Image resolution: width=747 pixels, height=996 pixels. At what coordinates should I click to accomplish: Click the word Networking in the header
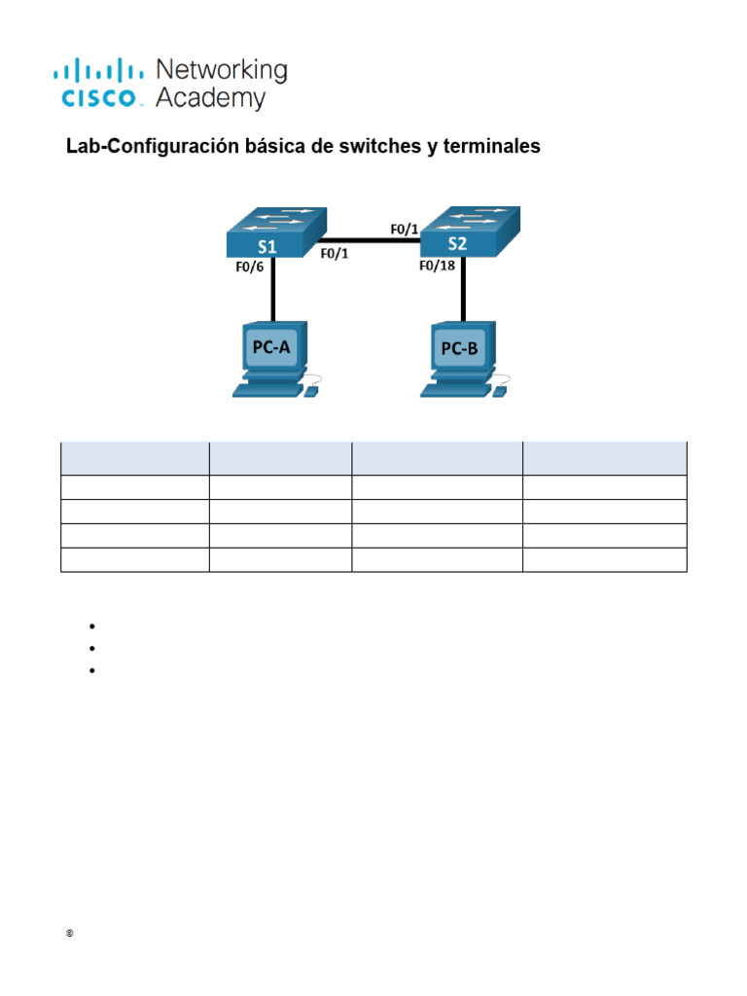point(222,70)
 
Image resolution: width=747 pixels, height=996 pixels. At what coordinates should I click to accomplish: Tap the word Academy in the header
point(210,98)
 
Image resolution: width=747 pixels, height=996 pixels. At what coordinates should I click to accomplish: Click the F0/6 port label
point(249,266)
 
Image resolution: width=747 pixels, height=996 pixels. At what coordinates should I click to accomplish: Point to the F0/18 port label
point(438,265)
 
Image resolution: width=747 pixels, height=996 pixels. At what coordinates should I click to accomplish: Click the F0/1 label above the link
point(404,230)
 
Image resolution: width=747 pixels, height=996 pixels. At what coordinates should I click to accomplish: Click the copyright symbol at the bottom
point(70,935)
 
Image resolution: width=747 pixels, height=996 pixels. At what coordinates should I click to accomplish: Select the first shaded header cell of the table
point(134,458)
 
